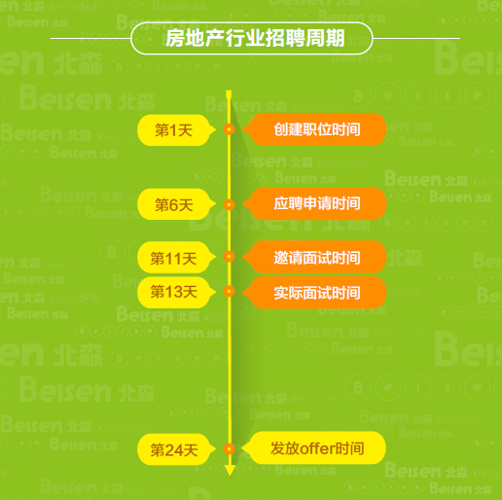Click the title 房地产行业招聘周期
[x=255, y=38]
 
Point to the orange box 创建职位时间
[x=314, y=129]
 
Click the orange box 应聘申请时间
[x=314, y=203]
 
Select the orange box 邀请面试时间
[x=314, y=257]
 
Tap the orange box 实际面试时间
[x=314, y=292]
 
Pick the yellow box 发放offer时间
[x=314, y=447]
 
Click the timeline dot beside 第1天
[x=229, y=129]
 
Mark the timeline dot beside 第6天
[x=229, y=204]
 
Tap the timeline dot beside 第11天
[x=229, y=257]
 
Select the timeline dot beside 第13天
[x=229, y=291]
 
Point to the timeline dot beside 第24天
[x=229, y=449]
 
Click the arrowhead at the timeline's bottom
[x=230, y=471]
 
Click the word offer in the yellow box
[x=317, y=448]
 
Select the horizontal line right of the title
[x=416, y=38]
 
